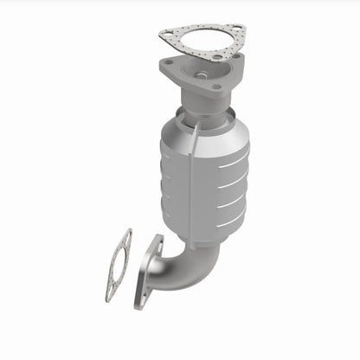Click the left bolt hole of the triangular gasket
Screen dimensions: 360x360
pos(168,35)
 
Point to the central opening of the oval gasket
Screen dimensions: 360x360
pos(119,263)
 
